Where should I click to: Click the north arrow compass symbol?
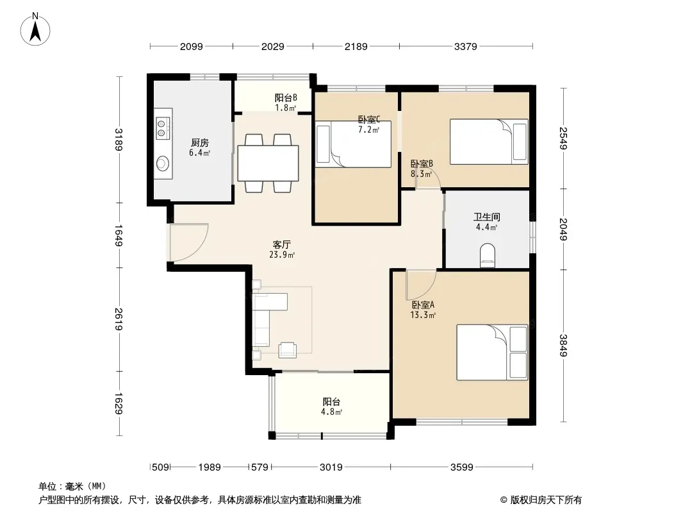[x=35, y=29]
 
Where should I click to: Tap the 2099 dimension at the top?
[x=191, y=46]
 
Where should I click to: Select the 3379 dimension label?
[x=466, y=46]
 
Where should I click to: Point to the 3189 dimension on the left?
[x=119, y=139]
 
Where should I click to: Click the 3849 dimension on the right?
[x=564, y=345]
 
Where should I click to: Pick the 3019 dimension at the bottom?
[x=331, y=467]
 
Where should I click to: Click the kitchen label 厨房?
[x=199, y=142]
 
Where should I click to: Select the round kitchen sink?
[x=163, y=164]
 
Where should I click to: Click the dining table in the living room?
[x=268, y=163]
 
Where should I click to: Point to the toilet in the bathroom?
[x=487, y=255]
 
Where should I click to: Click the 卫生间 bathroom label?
[x=486, y=217]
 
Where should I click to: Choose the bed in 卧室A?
[x=492, y=352]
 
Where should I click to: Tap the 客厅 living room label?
[x=281, y=244]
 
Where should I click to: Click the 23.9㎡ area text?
[x=282, y=255]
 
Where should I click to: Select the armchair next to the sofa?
[x=288, y=350]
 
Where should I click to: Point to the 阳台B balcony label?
[x=286, y=97]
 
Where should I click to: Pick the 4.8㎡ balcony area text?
[x=331, y=412]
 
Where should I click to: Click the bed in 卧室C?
[x=353, y=144]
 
